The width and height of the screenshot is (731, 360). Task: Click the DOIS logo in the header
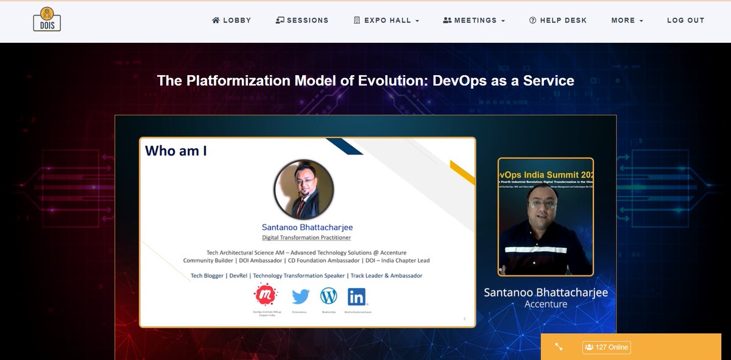click(x=47, y=20)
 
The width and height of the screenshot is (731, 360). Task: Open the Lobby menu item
click(x=231, y=20)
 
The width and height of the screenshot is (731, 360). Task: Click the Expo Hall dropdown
click(x=386, y=20)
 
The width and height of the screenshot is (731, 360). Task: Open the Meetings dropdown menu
click(x=474, y=20)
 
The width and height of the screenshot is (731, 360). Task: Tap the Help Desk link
click(x=558, y=20)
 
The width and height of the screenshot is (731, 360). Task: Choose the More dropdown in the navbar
click(x=627, y=20)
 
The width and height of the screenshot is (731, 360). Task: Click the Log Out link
click(x=685, y=20)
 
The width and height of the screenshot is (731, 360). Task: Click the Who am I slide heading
click(x=176, y=151)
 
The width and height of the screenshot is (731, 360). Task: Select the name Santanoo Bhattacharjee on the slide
click(x=307, y=228)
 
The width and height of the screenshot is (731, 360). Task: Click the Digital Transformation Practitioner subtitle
click(x=306, y=237)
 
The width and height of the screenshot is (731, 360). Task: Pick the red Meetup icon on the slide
click(x=266, y=296)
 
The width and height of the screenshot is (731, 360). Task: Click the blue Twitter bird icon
click(x=300, y=297)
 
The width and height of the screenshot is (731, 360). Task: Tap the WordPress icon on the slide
click(x=328, y=297)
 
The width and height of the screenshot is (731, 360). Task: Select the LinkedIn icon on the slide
click(x=358, y=297)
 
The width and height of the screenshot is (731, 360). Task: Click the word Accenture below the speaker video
click(x=545, y=304)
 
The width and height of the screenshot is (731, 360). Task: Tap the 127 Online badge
click(x=606, y=347)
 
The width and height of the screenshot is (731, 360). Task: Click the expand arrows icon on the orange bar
click(x=559, y=347)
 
